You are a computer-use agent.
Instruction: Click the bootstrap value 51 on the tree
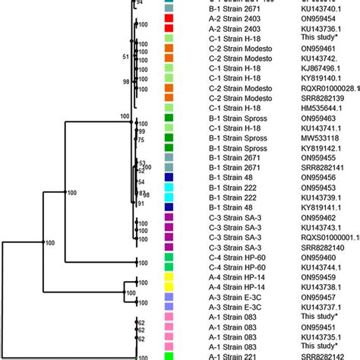(126, 57)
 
